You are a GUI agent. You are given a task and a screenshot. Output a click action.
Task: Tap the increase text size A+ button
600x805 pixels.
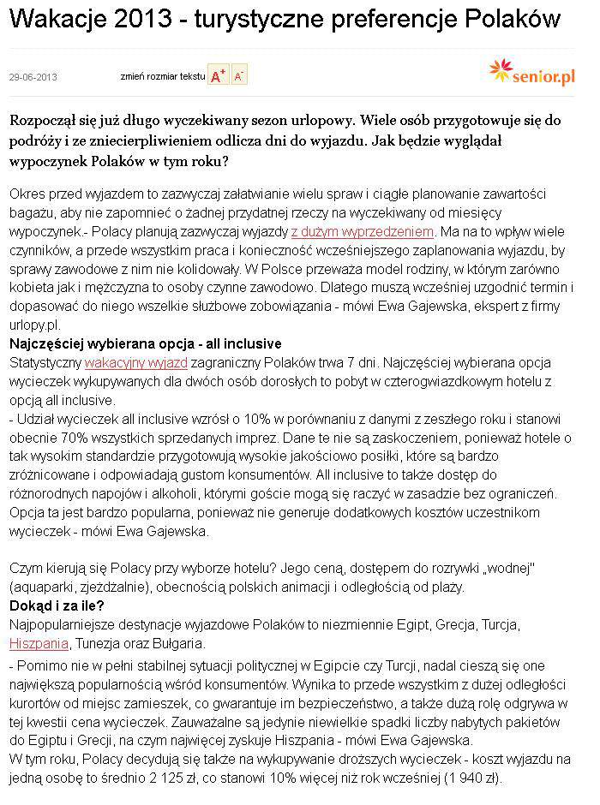pos(218,75)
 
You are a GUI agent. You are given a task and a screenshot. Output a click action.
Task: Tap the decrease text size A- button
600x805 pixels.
pos(239,75)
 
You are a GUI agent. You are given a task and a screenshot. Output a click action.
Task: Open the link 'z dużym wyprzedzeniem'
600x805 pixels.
pos(363,231)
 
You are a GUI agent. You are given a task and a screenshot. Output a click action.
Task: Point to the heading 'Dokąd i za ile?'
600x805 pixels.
pos(57,605)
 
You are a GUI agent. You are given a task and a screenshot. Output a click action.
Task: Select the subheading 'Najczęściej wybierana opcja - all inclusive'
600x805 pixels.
pos(144,344)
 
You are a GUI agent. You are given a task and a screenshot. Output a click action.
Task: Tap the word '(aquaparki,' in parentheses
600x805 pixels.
pos(45,587)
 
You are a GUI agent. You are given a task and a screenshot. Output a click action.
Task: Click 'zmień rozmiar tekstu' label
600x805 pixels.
pos(163,76)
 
